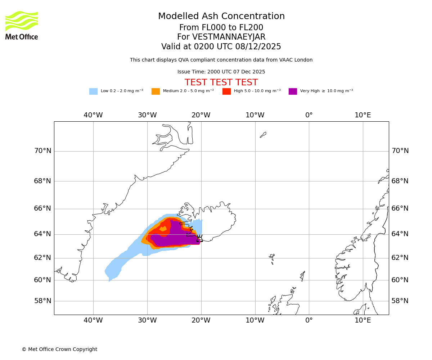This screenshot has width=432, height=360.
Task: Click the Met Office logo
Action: click(x=22, y=25)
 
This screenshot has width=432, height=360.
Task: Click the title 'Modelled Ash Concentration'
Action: click(x=221, y=17)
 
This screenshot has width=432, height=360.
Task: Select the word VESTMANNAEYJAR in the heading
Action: click(x=229, y=37)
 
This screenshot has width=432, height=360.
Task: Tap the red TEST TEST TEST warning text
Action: click(x=221, y=82)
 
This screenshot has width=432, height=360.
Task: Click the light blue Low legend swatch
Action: click(x=93, y=91)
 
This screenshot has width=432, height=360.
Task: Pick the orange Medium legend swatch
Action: click(x=156, y=91)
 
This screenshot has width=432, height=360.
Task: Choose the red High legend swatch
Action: click(x=226, y=91)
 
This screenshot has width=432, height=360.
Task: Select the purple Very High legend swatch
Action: click(x=293, y=91)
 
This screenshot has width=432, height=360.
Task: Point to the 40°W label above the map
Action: click(x=93, y=115)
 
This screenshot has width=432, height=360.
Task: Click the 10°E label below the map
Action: click(x=363, y=320)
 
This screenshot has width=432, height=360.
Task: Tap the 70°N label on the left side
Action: click(x=42, y=151)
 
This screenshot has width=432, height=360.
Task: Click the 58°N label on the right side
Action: click(x=400, y=301)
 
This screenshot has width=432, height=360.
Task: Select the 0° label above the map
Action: click(x=309, y=115)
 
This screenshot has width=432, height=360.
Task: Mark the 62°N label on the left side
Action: click(x=42, y=258)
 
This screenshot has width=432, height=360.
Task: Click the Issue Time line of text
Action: click(x=221, y=72)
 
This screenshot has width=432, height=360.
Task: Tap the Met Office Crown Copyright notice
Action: click(x=59, y=350)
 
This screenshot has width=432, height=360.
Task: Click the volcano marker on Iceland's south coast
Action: click(x=199, y=238)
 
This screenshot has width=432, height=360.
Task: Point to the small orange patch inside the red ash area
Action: click(x=163, y=229)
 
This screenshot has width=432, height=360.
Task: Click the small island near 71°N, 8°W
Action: click(x=263, y=135)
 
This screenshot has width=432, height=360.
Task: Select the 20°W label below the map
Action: click(x=201, y=320)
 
